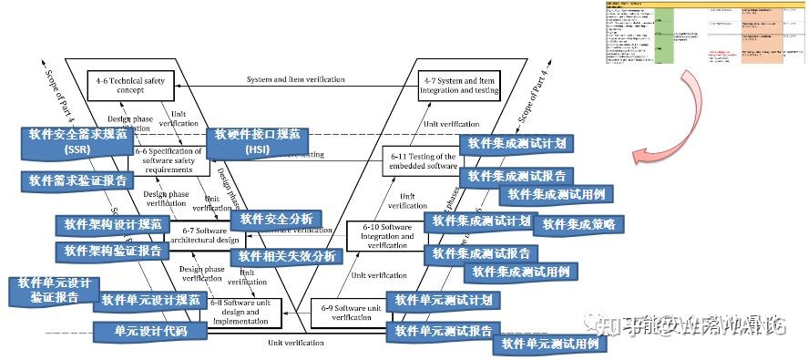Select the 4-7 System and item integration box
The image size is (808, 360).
[458, 87]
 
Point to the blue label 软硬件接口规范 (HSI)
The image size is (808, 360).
[258, 141]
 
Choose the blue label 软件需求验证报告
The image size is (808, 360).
[70, 180]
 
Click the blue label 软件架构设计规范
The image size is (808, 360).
[113, 223]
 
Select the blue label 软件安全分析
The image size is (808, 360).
[274, 219]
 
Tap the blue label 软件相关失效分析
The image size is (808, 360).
[287, 256]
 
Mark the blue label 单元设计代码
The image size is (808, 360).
[151, 331]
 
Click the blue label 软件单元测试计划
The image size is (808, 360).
[443, 300]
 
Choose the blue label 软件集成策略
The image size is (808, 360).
[578, 224]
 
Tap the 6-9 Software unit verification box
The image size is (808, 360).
[349, 313]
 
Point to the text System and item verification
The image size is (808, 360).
[295, 80]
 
